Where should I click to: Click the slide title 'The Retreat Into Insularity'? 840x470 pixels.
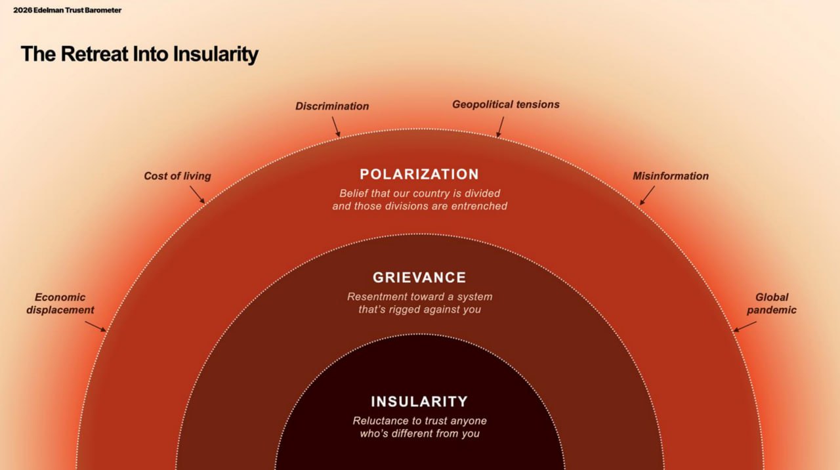[x=140, y=54]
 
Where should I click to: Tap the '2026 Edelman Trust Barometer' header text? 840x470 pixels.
[x=67, y=10]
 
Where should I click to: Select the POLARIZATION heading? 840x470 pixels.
[x=419, y=175]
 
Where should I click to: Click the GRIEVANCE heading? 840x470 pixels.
[x=419, y=278]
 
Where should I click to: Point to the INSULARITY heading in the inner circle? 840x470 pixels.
[x=419, y=402]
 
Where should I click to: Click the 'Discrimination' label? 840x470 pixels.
[x=332, y=106]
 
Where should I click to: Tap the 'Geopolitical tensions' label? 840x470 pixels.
[x=505, y=104]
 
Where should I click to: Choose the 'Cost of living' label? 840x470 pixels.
[x=177, y=176]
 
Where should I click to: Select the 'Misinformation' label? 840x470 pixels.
[x=671, y=176]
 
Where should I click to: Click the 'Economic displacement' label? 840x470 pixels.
[x=60, y=303]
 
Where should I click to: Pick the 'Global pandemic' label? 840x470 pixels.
[x=771, y=303]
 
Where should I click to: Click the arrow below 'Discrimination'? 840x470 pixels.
[x=336, y=127]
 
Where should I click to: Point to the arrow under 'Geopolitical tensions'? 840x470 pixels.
[x=500, y=127]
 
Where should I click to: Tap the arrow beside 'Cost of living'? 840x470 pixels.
[x=198, y=195]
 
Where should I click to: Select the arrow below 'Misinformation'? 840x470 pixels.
[x=647, y=196]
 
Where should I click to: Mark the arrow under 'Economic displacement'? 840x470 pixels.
[x=95, y=326]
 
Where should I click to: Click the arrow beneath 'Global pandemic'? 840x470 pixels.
[x=745, y=327]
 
